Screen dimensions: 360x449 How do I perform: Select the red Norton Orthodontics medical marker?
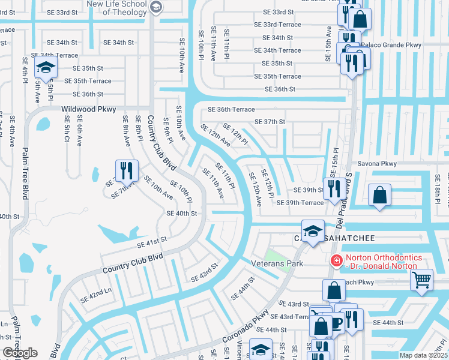tap(336, 260)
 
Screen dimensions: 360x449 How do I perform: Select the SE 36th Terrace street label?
tap(231, 109)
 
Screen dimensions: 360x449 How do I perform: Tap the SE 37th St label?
tap(270, 122)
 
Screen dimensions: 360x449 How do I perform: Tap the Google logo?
tap(20, 353)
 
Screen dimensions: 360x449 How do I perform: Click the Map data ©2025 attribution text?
tap(423, 355)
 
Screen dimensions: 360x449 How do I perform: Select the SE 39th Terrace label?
tap(300, 203)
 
